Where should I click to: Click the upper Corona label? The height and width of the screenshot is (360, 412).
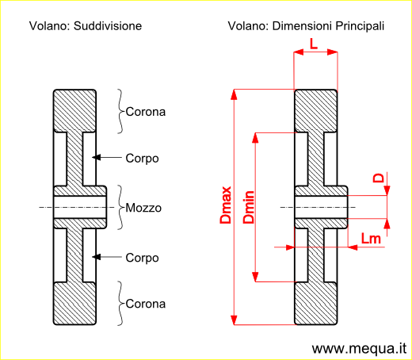pos(146,112)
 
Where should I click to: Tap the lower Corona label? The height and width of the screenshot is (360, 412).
pos(146,304)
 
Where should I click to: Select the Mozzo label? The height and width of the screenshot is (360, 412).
pos(143,208)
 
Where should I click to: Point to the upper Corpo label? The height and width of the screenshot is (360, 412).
pos(142,159)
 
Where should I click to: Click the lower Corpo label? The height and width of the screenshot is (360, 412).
pos(142,258)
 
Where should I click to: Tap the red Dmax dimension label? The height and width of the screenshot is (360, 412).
pos(226,205)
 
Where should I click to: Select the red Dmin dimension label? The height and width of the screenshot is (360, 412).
pos(249,207)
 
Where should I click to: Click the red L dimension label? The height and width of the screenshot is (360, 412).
pos(314,44)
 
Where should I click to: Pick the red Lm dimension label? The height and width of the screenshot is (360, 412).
pos(371,239)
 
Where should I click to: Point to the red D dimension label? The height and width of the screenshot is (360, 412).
pos(378,178)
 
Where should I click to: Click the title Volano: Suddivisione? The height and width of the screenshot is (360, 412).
pos(86,26)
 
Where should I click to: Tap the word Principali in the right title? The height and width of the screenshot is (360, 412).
pos(360,26)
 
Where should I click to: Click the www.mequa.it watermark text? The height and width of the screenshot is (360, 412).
pos(359,349)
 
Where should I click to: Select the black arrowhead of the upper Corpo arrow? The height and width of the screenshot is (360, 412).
pos(97,158)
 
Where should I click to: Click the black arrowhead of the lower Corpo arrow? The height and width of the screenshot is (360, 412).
pos(97,257)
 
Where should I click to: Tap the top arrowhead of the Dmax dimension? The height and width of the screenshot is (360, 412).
pos(234,94)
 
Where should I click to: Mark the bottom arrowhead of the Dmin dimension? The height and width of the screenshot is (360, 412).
pos(255,277)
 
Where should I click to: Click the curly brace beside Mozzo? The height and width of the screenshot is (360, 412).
pos(120,207)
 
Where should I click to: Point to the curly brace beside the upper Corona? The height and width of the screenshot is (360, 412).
pos(120,111)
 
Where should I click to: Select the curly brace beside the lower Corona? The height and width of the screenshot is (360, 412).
pos(120,303)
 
